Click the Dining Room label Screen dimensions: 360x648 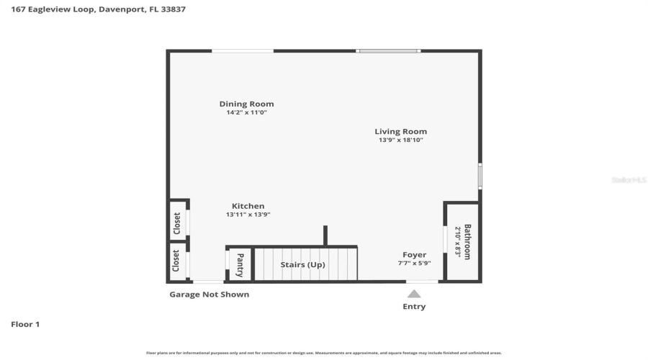(246, 104)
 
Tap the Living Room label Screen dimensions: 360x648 (400, 131)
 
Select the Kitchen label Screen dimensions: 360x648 (248, 206)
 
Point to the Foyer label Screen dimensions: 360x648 (414, 254)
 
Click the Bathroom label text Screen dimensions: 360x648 (467, 242)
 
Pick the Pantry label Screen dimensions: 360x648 (240, 264)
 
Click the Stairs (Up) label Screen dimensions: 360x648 (302, 264)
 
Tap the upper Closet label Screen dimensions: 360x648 (176, 223)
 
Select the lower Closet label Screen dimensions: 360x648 (176, 261)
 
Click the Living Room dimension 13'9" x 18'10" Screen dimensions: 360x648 (400, 140)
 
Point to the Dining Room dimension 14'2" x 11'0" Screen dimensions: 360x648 (246, 112)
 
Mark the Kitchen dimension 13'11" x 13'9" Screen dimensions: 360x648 (248, 215)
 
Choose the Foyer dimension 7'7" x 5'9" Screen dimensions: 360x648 (414, 264)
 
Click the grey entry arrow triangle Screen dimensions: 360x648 (414, 293)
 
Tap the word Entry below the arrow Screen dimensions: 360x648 (414, 307)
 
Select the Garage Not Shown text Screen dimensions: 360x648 (209, 294)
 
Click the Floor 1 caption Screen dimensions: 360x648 (25, 324)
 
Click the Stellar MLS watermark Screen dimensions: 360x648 (629, 180)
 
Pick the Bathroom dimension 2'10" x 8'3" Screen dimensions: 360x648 (457, 242)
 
